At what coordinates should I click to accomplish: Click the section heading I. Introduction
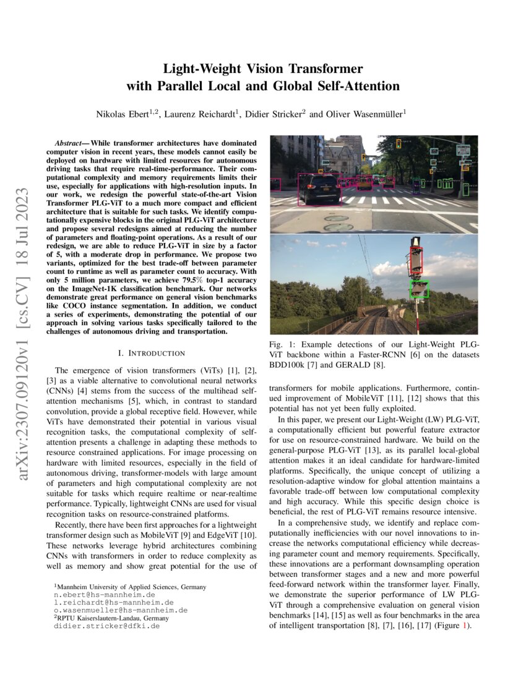[151, 353]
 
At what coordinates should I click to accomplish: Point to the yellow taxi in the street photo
[364, 184]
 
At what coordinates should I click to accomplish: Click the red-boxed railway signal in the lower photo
[416, 260]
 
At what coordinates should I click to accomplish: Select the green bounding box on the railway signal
[420, 289]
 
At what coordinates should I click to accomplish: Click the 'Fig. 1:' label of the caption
[280, 344]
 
